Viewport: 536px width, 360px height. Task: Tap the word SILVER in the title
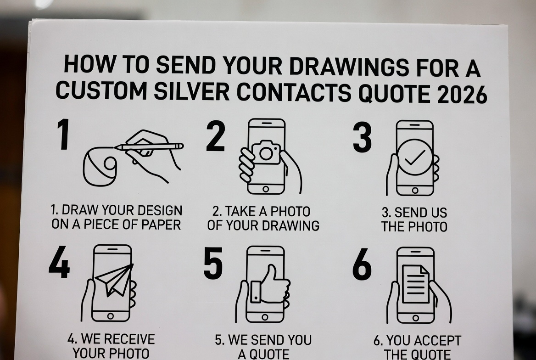(191, 91)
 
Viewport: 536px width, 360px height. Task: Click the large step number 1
(63, 134)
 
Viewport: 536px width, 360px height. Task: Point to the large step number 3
(362, 137)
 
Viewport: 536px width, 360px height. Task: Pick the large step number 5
(213, 263)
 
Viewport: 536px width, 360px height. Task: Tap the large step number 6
(362, 264)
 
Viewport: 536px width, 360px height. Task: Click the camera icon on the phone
(266, 152)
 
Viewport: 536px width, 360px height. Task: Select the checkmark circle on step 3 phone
(415, 157)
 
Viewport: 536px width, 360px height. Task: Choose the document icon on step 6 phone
(415, 284)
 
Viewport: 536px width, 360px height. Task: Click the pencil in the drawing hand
(149, 147)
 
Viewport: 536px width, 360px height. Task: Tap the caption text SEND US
(414, 213)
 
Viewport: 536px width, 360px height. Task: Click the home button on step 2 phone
(266, 189)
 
